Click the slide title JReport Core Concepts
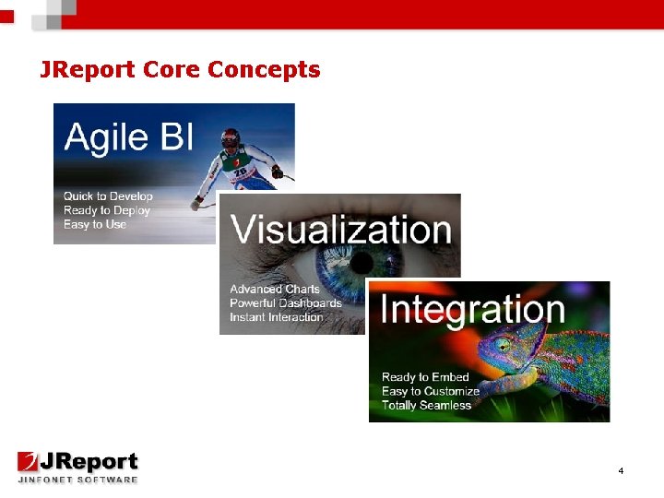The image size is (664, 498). tap(180, 69)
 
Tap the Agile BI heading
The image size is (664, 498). tap(128, 137)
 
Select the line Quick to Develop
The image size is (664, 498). tap(108, 196)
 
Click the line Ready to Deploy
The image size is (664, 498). tap(106, 210)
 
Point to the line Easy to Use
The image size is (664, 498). tap(95, 224)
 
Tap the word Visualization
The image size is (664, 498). tap(340, 229)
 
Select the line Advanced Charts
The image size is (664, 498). tap(275, 289)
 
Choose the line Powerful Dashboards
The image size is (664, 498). tap(286, 302)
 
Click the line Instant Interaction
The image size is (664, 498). tap(277, 316)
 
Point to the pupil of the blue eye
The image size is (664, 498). tap(367, 268)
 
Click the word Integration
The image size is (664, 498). tap(472, 309)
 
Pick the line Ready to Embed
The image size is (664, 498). tap(425, 377)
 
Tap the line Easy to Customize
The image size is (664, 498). tap(431, 391)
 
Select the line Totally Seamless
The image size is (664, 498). tap(426, 405)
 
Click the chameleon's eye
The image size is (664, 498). tap(504, 347)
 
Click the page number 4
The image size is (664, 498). tap(621, 471)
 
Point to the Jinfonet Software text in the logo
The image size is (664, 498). tap(77, 480)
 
